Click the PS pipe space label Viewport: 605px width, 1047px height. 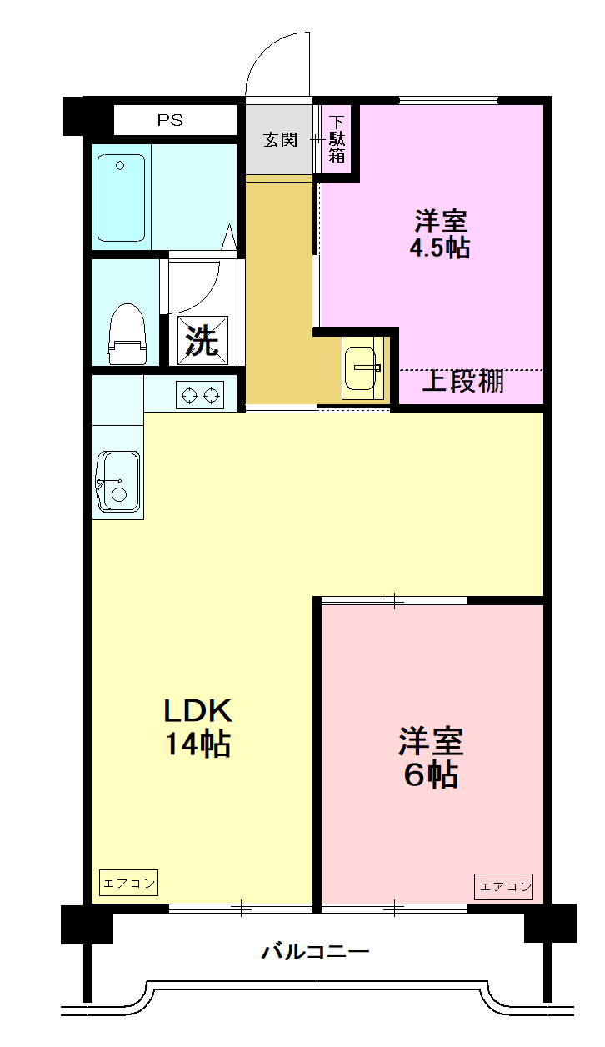coord(170,120)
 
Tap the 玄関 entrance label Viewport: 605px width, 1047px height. coord(281,139)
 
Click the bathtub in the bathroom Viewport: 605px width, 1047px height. coord(122,198)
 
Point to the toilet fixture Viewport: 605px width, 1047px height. coord(127,333)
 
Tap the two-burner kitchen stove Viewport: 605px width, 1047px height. coord(200,394)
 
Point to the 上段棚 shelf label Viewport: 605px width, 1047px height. coord(463,382)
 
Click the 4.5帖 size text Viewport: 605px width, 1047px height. coord(439,248)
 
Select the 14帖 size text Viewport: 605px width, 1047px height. coord(197,743)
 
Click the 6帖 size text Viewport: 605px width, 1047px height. coord(431,775)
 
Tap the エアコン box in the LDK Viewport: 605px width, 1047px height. coord(128,884)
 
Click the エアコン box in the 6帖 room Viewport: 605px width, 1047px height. coord(504,886)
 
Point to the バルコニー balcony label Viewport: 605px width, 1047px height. coord(315,951)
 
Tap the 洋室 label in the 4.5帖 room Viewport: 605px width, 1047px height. coord(441,221)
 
